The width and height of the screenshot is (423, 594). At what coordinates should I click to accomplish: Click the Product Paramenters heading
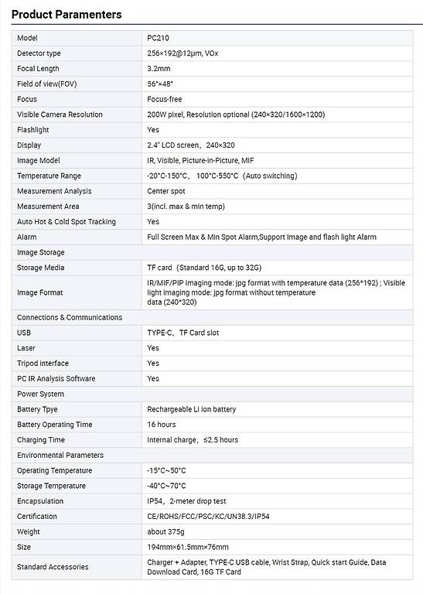67,14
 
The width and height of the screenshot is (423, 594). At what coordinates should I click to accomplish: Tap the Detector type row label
39,53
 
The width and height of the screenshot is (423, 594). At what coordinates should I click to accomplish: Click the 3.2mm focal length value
159,69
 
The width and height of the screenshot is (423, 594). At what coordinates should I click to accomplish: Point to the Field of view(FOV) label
46,84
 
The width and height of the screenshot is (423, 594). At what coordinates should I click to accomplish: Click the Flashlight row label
33,130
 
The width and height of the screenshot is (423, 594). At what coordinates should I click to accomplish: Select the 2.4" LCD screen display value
190,145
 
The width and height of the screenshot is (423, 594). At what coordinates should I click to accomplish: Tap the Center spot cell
166,191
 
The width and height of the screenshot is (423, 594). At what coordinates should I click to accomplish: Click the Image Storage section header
41,252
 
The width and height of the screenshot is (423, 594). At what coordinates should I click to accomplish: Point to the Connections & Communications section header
70,317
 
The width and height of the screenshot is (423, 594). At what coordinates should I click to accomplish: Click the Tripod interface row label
43,364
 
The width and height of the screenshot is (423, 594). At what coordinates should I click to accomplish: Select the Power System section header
41,394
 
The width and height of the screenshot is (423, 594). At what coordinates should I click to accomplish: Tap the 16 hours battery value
162,425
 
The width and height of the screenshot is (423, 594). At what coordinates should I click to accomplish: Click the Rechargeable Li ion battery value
192,409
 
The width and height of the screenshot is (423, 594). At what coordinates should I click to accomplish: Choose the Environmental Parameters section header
60,455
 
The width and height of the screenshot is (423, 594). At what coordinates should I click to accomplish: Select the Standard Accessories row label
53,567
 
